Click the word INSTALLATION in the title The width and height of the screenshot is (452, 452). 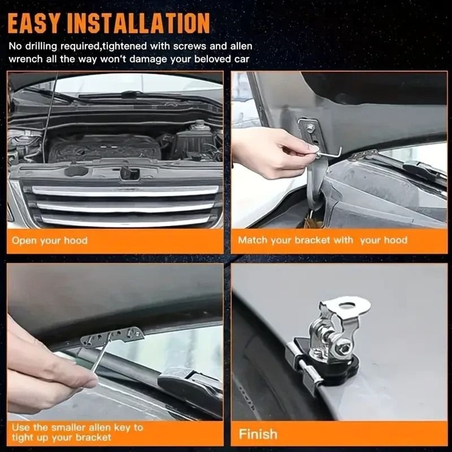pos(140,24)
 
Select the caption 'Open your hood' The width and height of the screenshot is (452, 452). pos(50,240)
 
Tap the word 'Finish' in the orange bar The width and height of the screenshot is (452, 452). pos(258,434)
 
